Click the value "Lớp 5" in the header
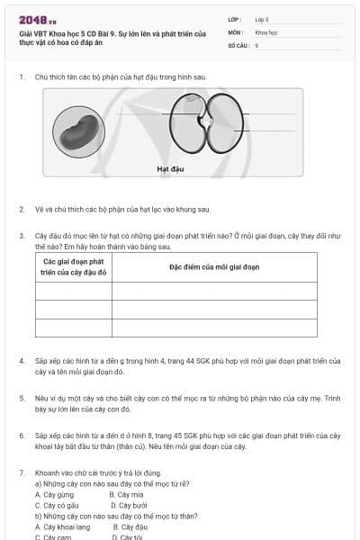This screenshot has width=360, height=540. click(262, 18)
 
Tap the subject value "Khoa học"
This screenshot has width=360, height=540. click(265, 31)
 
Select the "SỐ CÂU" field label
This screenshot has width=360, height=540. click(237, 44)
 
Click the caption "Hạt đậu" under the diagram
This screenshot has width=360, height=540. click(157, 168)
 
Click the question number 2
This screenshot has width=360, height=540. click(22, 210)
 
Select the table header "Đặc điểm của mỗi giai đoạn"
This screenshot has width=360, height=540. click(214, 267)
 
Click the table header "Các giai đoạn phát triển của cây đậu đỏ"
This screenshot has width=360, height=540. click(74, 267)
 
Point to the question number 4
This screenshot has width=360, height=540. click(22, 361)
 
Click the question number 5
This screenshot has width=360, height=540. click(22, 397)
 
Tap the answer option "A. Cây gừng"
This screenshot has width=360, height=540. click(55, 494)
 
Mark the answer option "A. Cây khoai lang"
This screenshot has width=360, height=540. click(63, 526)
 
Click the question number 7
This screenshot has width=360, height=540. click(22, 472)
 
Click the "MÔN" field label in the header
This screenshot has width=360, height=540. click(235, 31)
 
